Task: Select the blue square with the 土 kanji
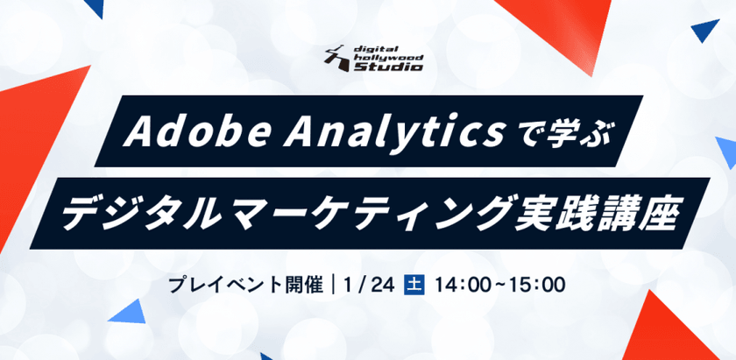(x=412, y=285)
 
